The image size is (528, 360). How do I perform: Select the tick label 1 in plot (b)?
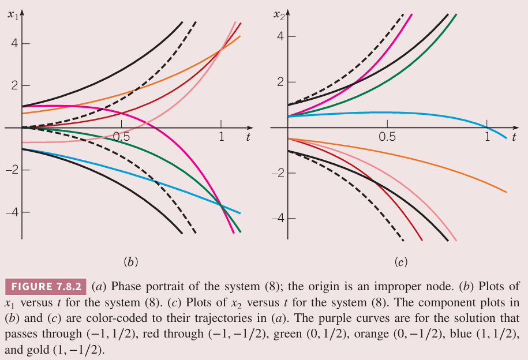pyautogui.click(x=220, y=138)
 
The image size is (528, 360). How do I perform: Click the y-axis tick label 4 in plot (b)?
pyautogui.click(x=12, y=44)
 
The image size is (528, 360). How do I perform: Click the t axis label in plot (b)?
pyautogui.click(x=248, y=137)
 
